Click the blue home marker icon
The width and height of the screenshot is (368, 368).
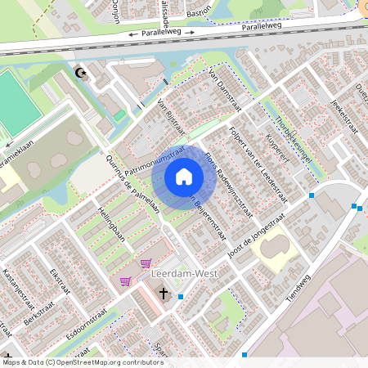click(x=183, y=177)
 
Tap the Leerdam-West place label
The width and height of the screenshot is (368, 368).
click(x=185, y=274)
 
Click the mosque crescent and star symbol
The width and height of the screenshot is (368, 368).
click(x=80, y=74)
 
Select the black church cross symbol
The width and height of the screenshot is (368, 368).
click(x=163, y=293)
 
